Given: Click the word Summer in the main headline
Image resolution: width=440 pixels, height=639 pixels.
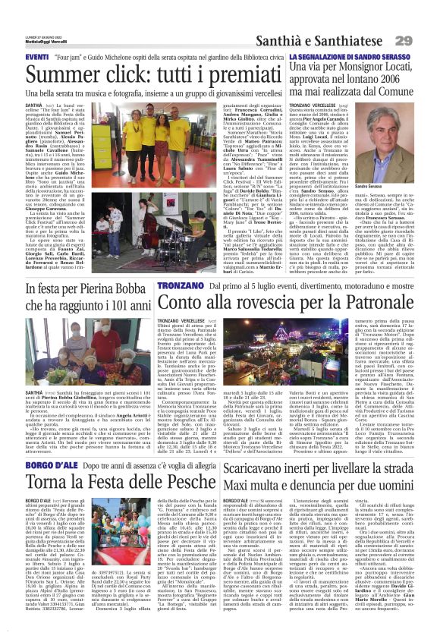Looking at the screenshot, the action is tap(50, 75).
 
